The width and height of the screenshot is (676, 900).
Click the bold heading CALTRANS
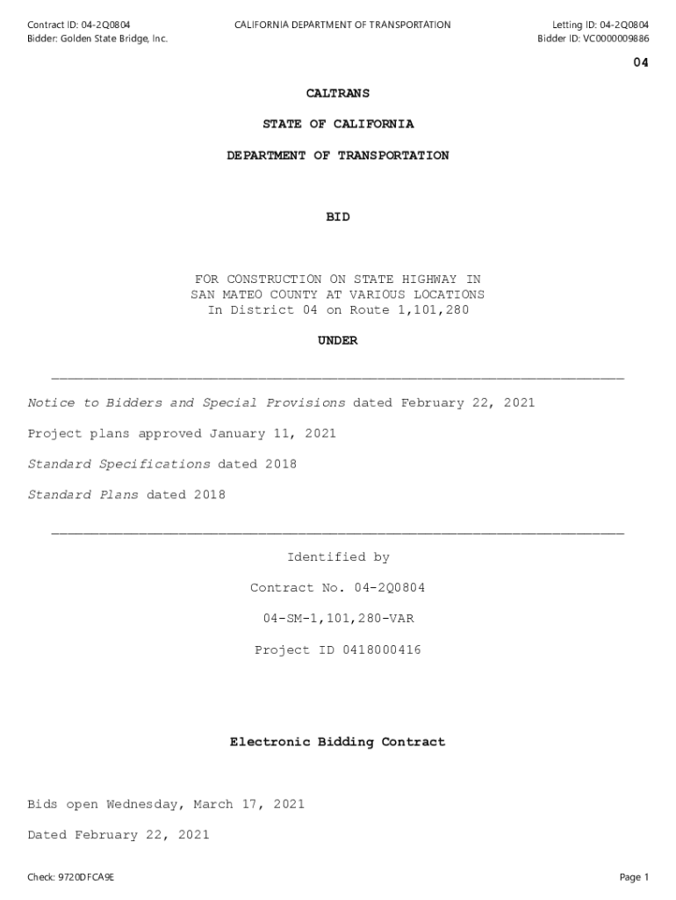(x=337, y=93)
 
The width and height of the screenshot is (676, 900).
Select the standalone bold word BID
(x=338, y=217)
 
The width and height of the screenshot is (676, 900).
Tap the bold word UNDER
(x=338, y=341)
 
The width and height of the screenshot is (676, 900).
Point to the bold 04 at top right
(x=641, y=62)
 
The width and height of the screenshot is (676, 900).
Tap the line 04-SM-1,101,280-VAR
(x=338, y=619)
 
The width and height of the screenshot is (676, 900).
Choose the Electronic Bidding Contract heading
(x=338, y=743)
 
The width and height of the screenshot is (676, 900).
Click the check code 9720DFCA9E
(x=84, y=877)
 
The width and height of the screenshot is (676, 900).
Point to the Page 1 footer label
(x=634, y=877)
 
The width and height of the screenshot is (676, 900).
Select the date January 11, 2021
(x=273, y=433)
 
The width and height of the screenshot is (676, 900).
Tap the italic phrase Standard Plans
(x=83, y=495)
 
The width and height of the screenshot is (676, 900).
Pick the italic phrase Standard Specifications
(x=119, y=464)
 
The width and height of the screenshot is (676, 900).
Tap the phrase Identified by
(x=338, y=557)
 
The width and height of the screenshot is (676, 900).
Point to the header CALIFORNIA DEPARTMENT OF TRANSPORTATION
(x=342, y=25)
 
